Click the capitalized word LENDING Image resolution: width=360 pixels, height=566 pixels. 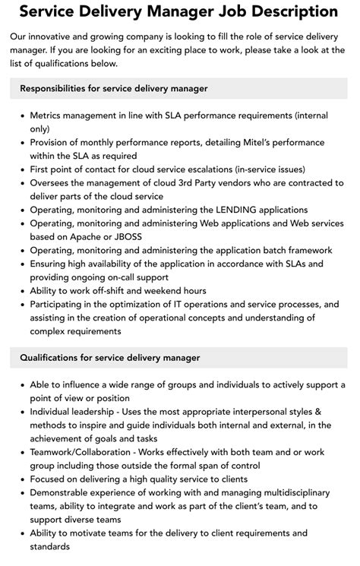236,209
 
